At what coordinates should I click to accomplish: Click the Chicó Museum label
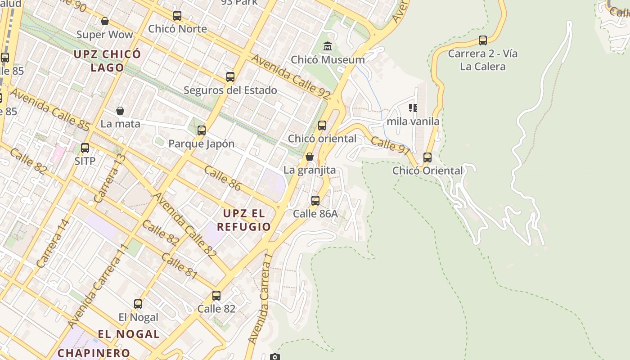click(328, 60)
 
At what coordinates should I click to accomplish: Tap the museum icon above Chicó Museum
click(328, 46)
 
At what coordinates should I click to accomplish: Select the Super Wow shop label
click(104, 35)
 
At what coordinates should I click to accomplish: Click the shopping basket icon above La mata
click(120, 111)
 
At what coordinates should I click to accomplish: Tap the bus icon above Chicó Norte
click(177, 16)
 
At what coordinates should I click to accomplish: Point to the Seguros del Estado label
click(230, 90)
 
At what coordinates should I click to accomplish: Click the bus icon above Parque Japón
click(202, 130)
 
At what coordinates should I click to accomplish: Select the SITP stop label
click(85, 161)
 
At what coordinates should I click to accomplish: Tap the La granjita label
click(310, 170)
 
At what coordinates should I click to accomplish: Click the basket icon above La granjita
click(310, 157)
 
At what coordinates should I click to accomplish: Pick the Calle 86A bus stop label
click(315, 214)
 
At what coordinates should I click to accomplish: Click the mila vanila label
click(413, 121)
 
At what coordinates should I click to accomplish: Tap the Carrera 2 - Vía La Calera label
click(483, 60)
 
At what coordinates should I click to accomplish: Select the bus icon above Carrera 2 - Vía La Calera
click(483, 40)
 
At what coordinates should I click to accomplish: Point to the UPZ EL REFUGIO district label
click(244, 220)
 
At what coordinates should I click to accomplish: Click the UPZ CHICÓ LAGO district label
click(108, 61)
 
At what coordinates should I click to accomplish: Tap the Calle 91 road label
click(391, 145)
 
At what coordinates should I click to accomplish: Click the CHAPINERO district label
click(94, 353)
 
